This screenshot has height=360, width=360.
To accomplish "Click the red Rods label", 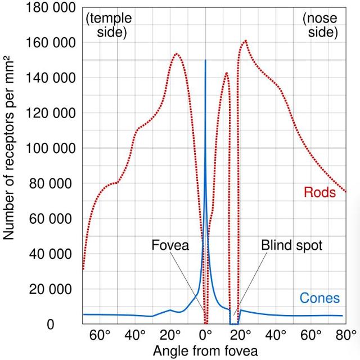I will pos(319,193).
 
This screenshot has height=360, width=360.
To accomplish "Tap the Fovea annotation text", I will pos(169,245).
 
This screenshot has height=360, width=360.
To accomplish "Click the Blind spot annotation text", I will pos(291,245).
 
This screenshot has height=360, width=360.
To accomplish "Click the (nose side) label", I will pos(319,25).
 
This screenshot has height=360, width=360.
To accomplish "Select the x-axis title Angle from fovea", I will pos(205,351).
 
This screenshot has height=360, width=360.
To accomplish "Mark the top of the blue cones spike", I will pos(205,60).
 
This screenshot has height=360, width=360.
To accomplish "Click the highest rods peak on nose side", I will pos(245,40).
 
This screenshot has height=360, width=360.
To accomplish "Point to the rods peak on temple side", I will pos(177,54).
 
